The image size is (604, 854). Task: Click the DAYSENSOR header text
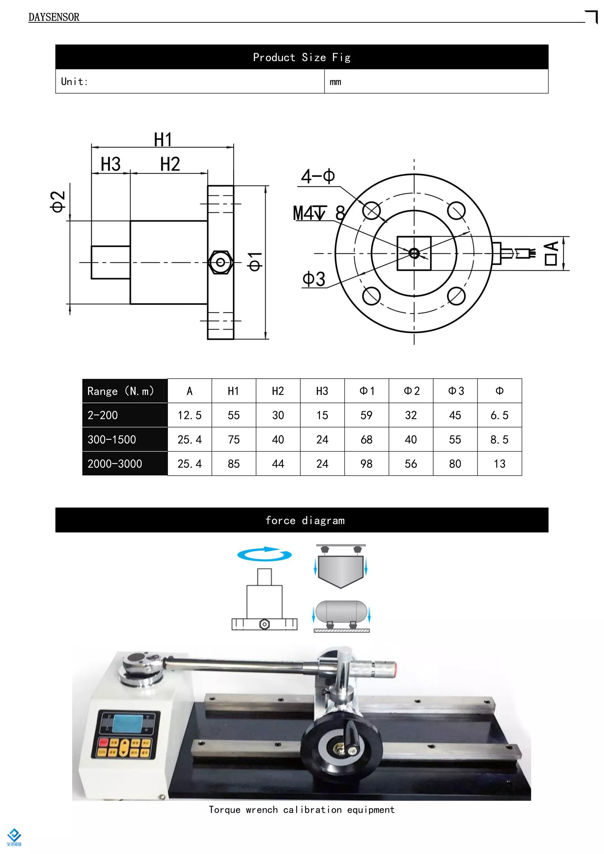(54, 17)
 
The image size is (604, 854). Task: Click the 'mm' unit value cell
(335, 82)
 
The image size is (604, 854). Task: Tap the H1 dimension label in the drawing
(163, 140)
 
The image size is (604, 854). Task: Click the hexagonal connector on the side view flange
(220, 262)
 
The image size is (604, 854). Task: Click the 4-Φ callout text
(318, 176)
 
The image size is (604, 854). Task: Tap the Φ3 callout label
(314, 279)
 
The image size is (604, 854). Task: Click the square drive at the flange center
(414, 253)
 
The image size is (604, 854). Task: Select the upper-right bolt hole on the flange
(456, 211)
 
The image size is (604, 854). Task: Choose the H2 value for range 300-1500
(278, 439)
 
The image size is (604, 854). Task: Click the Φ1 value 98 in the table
(366, 464)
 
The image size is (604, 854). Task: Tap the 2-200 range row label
(103, 415)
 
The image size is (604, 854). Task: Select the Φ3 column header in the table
(456, 391)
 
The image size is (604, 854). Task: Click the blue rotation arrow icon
(265, 554)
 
